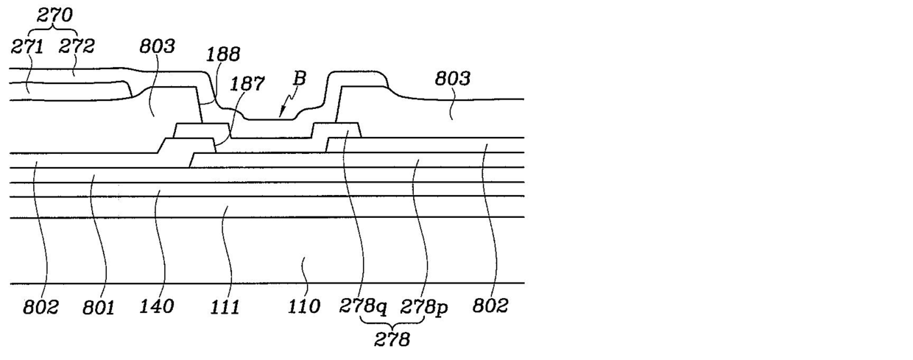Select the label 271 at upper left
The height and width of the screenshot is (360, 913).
28,46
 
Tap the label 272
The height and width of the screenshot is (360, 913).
77,46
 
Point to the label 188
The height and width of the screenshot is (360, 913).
224,54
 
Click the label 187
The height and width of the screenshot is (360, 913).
248,84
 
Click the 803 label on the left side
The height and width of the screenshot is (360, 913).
157,47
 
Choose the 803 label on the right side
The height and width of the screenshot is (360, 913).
452,79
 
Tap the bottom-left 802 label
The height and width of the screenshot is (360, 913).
40,306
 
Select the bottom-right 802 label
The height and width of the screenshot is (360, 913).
490,306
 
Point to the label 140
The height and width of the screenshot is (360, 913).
156,306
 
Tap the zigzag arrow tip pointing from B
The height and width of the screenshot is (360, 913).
281,115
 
